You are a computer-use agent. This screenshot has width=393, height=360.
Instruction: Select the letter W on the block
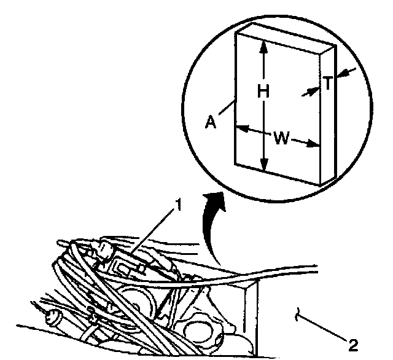281,138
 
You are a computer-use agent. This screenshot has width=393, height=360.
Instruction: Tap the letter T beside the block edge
329,84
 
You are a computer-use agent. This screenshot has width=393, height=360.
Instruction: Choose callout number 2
351,342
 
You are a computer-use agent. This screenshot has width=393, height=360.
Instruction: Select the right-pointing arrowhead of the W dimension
316,145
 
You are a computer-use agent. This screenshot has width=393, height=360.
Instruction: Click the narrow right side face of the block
328,117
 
